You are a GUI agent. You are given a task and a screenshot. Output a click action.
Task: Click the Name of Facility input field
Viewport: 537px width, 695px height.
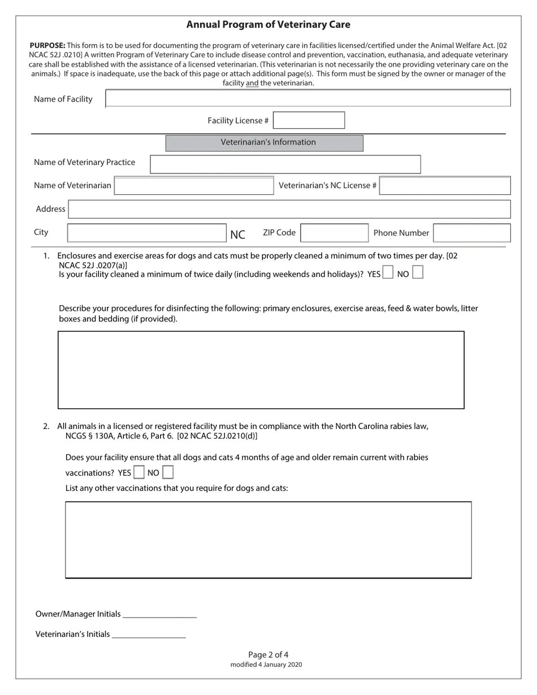(308, 98)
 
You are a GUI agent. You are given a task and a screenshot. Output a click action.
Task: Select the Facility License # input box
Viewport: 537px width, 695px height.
(309, 120)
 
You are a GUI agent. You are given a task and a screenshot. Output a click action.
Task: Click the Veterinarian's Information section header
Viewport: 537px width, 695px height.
(264, 143)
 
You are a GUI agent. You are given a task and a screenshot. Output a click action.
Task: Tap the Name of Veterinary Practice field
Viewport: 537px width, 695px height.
(285, 164)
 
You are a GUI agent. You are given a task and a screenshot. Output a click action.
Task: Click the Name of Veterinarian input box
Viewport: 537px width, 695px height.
(194, 186)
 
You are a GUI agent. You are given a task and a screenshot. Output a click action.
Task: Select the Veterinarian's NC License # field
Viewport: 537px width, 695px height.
(445, 186)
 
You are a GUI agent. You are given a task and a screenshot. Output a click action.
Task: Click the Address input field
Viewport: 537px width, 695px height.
(289, 209)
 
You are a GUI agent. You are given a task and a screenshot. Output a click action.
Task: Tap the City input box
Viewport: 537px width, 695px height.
(146, 233)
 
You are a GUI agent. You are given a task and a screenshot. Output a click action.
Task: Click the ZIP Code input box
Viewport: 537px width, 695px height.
(334, 233)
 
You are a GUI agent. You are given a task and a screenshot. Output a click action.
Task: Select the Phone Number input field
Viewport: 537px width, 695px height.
(472, 233)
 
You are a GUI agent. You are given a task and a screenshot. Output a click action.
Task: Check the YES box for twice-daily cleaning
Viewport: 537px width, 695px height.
(388, 273)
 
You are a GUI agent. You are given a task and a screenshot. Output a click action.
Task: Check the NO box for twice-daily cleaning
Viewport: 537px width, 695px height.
(418, 273)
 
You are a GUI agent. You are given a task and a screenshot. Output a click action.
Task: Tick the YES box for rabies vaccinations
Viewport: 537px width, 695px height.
(139, 472)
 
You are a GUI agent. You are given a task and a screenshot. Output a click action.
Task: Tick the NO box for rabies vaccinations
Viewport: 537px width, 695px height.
(168, 472)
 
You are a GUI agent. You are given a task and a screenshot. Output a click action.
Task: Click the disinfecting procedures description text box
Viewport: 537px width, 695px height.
(261, 370)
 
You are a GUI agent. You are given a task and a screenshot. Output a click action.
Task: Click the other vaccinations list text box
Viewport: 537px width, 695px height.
(268, 540)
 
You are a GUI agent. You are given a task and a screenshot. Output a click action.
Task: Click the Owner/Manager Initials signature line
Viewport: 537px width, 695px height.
(159, 614)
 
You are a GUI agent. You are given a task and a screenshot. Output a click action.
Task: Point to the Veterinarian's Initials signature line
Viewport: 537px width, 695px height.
(149, 634)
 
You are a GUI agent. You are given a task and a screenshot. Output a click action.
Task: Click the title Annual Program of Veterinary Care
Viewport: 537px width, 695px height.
(268, 25)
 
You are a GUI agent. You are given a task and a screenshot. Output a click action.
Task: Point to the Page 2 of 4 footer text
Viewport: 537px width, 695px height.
(268, 655)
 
